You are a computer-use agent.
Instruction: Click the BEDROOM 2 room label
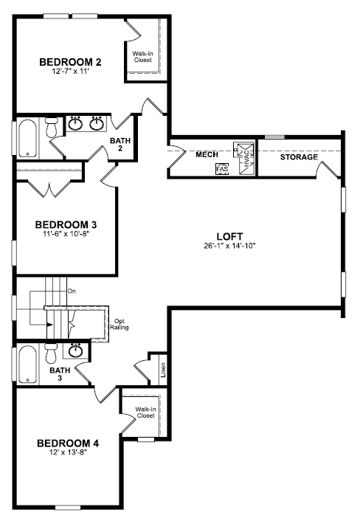70,62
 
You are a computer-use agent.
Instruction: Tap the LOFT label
230,237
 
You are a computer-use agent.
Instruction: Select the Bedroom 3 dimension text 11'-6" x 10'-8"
66,234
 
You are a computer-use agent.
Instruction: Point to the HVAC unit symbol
244,158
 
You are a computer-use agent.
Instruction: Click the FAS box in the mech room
222,168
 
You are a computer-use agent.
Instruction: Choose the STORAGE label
299,157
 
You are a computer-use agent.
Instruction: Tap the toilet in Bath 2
52,128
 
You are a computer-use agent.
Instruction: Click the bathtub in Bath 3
27,365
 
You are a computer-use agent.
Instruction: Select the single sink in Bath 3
76,351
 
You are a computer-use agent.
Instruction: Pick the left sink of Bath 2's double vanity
76,124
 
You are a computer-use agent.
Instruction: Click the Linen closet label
163,370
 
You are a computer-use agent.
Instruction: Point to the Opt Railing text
120,324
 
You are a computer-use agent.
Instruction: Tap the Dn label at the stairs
72,291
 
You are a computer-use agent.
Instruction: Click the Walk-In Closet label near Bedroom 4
146,413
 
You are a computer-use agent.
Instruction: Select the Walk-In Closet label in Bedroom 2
143,57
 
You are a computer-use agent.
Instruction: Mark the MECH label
207,154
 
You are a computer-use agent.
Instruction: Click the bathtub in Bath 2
27,138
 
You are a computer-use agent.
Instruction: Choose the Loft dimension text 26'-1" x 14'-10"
230,246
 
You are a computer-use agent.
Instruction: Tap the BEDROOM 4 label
68,444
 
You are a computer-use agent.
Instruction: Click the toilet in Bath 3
51,353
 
